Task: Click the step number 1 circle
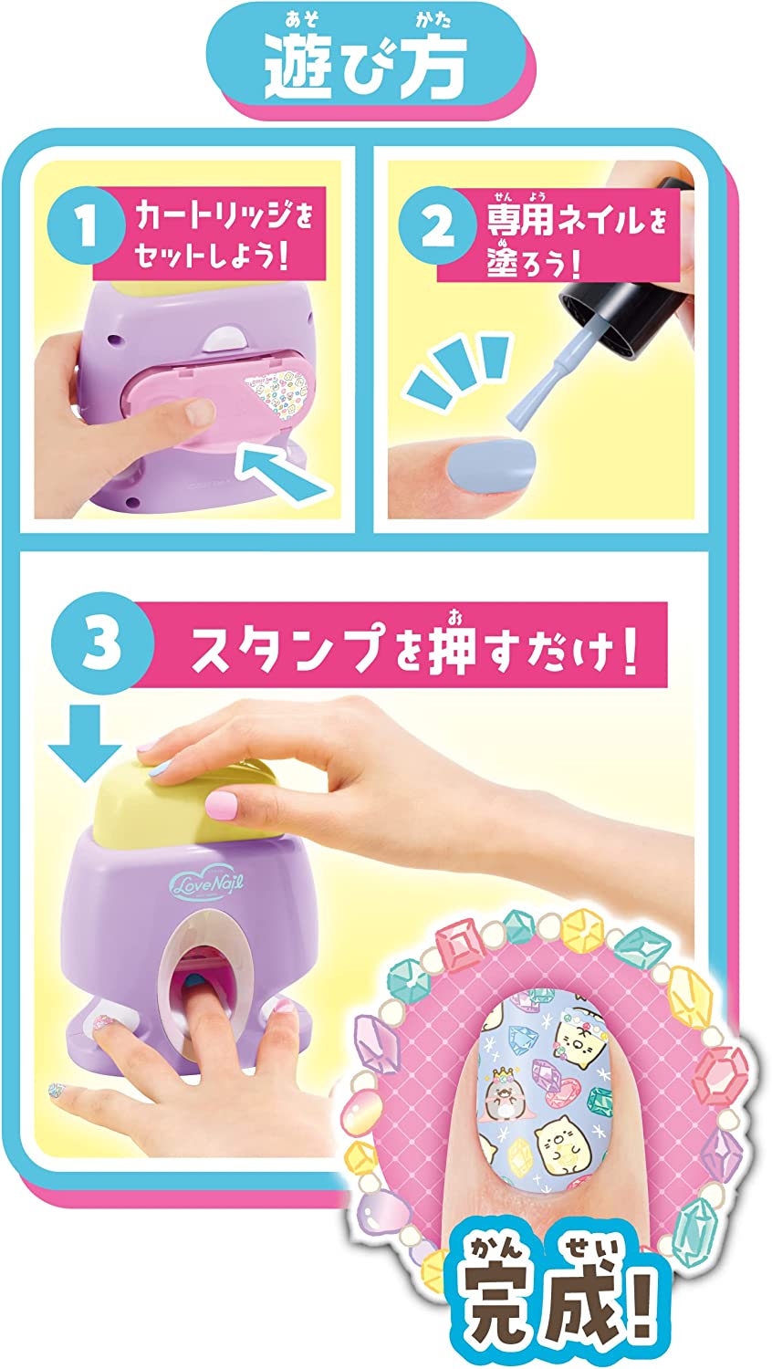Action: point(87,225)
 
